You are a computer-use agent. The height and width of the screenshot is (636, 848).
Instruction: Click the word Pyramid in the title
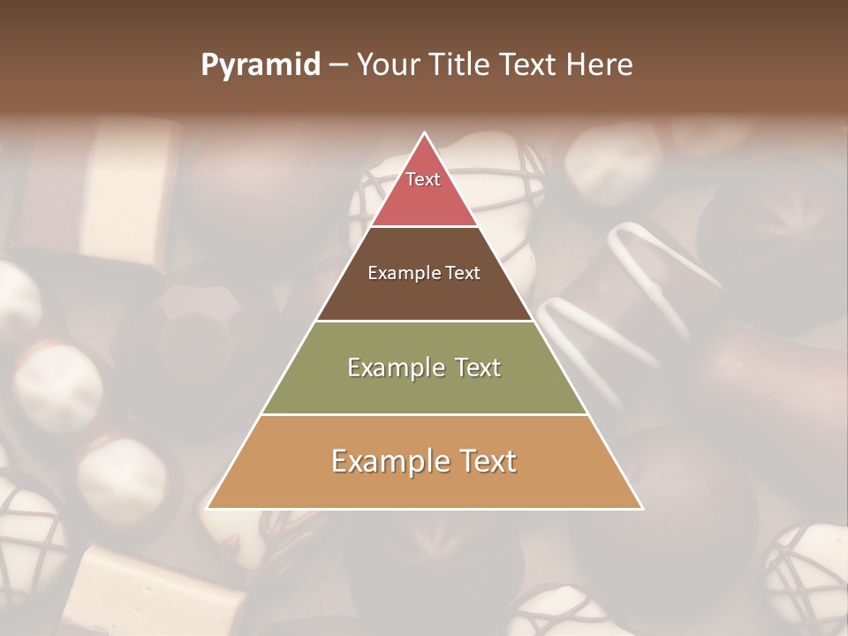[x=261, y=65]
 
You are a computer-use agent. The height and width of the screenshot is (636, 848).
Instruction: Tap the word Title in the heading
[x=464, y=65]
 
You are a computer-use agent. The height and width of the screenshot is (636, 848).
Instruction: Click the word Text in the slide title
[x=530, y=65]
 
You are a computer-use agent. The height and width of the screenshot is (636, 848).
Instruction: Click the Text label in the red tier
[x=423, y=179]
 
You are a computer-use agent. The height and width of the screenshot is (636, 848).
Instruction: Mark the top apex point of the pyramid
[x=425, y=133]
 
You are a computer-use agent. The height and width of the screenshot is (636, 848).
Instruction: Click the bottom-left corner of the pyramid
[x=207, y=509]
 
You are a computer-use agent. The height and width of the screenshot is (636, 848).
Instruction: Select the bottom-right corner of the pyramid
[x=642, y=509]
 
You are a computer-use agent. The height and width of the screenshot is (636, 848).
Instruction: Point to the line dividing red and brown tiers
[x=425, y=227]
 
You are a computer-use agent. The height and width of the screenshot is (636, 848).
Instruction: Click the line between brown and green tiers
[x=425, y=321]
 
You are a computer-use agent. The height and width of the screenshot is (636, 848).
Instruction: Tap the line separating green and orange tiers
[x=425, y=415]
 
